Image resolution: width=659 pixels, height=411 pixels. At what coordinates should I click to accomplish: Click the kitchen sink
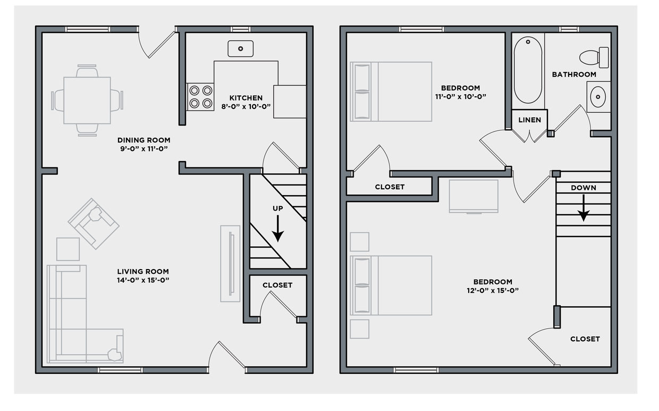(241, 49)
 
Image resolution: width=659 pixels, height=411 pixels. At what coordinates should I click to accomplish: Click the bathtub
(528, 69)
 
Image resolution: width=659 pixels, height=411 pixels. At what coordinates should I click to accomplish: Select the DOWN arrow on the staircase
(584, 208)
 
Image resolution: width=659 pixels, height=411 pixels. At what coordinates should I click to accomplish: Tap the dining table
(87, 100)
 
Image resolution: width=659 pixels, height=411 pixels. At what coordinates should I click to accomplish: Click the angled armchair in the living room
(94, 223)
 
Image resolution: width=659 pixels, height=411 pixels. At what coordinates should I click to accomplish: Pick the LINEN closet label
(529, 120)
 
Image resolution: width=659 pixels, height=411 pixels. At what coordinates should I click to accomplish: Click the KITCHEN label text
(246, 98)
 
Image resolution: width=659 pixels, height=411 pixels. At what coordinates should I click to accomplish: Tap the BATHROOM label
(574, 74)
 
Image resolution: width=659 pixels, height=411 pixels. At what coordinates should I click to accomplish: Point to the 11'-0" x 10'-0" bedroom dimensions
(460, 97)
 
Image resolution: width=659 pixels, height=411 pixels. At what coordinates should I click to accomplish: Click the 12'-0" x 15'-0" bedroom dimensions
(493, 290)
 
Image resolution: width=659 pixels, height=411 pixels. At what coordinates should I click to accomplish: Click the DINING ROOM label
(143, 140)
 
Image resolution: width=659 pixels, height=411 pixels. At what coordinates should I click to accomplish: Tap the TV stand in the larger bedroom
(474, 196)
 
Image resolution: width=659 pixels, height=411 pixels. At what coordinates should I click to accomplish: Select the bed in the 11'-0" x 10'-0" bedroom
(391, 91)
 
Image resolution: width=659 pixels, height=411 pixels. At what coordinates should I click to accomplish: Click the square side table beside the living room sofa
(68, 249)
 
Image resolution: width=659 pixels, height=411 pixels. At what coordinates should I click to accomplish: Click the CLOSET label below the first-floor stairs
(277, 285)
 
